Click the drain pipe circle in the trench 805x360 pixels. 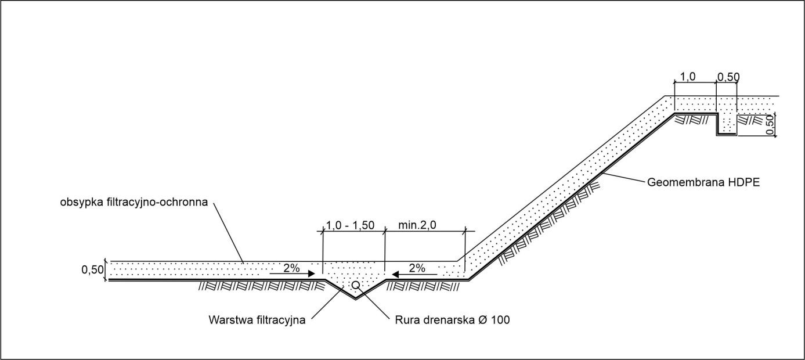355,285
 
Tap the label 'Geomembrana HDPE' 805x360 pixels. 703,182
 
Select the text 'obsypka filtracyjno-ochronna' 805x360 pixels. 133,202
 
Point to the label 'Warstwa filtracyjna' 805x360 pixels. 257,320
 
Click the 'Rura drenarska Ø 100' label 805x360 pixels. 452,320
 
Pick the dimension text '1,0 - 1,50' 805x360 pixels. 350,225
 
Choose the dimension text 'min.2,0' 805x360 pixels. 417,225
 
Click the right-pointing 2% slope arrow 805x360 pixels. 293,274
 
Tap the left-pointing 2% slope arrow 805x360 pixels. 414,275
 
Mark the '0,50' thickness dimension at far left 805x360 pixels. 92,270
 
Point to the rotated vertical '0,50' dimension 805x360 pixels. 770,124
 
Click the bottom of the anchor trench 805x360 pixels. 726,134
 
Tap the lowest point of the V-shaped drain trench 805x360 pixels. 356,298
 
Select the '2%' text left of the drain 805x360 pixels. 291,268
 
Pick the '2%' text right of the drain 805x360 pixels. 417,268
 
